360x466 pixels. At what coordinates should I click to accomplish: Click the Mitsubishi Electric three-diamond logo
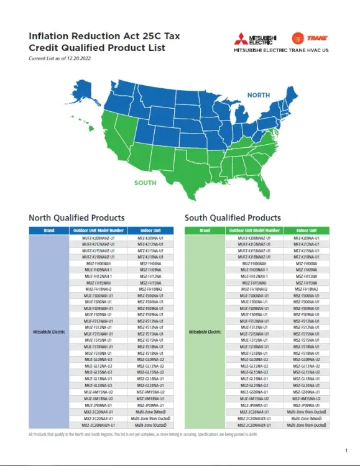(x=246, y=37)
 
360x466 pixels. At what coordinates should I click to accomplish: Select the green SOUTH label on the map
(x=145, y=182)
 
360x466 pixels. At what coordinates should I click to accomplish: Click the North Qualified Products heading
(x=76, y=218)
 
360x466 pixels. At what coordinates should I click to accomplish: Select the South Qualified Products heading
(x=233, y=218)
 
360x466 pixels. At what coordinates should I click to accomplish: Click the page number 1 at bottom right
(x=346, y=449)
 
